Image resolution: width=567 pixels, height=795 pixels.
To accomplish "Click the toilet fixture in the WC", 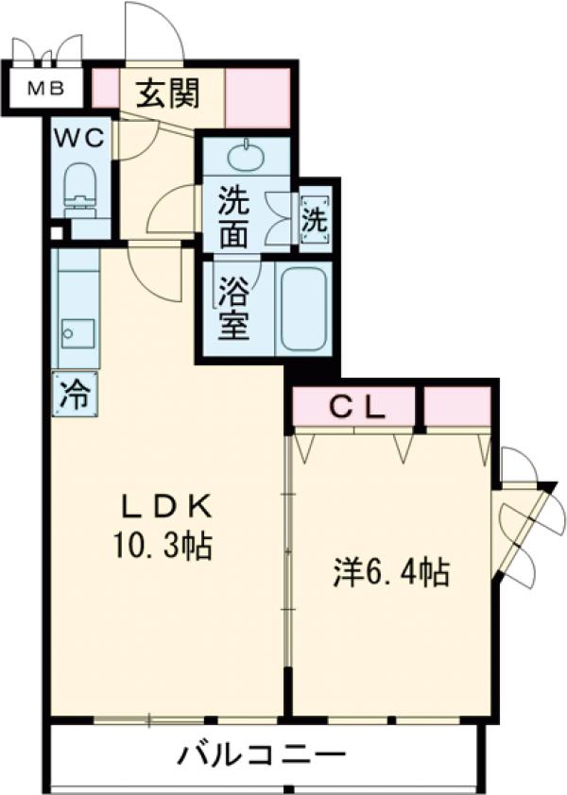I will coord(79,186).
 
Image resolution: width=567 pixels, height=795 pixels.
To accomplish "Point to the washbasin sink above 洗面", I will coord(248,154).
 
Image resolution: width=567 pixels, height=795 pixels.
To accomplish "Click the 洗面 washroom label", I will coord(236,213).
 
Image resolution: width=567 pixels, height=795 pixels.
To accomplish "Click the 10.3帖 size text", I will coord(164,546).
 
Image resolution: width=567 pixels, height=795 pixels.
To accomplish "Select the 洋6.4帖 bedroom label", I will coord(390,573).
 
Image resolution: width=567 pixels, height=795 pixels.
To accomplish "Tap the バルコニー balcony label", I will coord(260,755).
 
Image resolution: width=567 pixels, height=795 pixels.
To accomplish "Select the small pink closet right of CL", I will coord(456,407).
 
